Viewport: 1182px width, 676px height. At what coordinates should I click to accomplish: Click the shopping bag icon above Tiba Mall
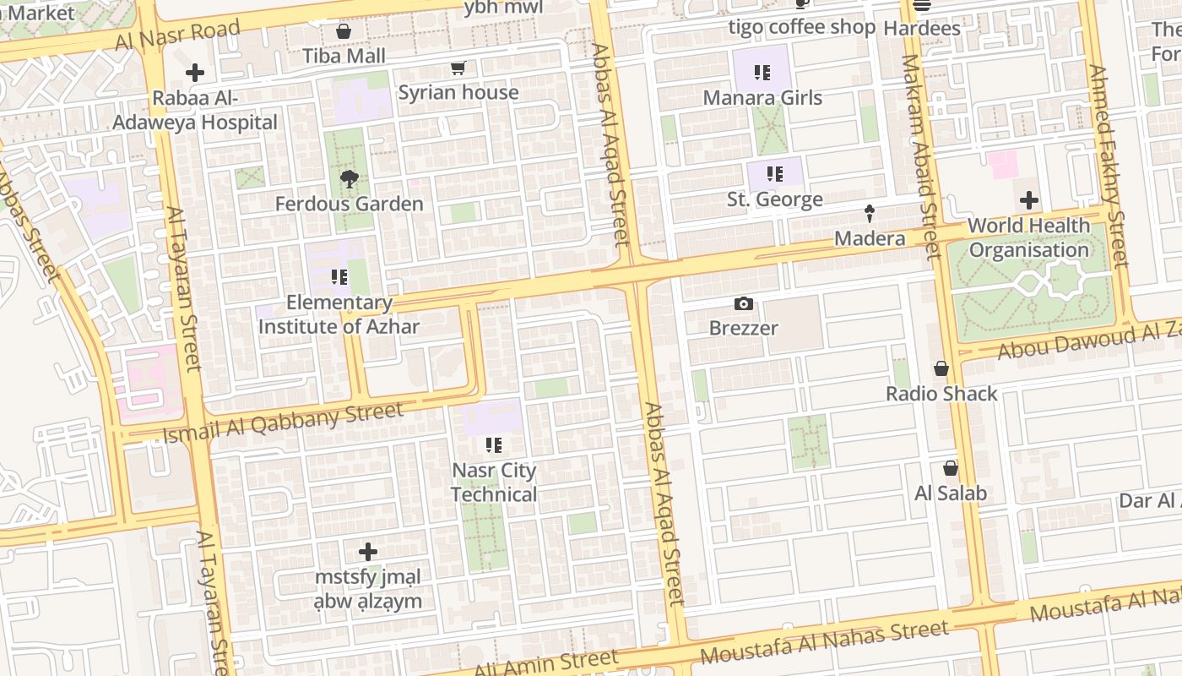(344, 32)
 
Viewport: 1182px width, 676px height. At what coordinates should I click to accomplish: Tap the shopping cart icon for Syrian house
(458, 68)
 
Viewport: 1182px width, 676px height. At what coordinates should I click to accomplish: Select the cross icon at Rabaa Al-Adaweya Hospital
(195, 74)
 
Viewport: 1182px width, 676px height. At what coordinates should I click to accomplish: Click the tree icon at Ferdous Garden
(349, 179)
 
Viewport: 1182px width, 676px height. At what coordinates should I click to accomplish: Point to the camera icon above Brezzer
(743, 303)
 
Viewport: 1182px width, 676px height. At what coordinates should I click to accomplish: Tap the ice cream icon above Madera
(870, 214)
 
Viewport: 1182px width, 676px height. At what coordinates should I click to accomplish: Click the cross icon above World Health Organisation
(1028, 201)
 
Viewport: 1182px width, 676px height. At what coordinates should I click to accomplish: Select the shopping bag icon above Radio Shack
(941, 369)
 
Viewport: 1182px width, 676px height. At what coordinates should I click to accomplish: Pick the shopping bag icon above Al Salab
(951, 468)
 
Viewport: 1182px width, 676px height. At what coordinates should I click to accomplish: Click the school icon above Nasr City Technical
(494, 445)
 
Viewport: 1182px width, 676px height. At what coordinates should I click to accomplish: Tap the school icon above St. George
(774, 175)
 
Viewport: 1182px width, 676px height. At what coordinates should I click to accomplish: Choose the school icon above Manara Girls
(762, 73)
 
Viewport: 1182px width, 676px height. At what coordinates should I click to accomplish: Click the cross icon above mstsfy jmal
(367, 553)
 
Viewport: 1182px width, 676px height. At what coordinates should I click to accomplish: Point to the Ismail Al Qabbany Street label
(284, 423)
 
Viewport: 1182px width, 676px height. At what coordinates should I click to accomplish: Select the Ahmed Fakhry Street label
(1109, 166)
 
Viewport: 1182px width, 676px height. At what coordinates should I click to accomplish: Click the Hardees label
(922, 28)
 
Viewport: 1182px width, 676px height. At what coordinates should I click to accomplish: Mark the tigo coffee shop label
(802, 27)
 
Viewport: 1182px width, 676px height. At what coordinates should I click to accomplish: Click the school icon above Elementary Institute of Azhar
(339, 277)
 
